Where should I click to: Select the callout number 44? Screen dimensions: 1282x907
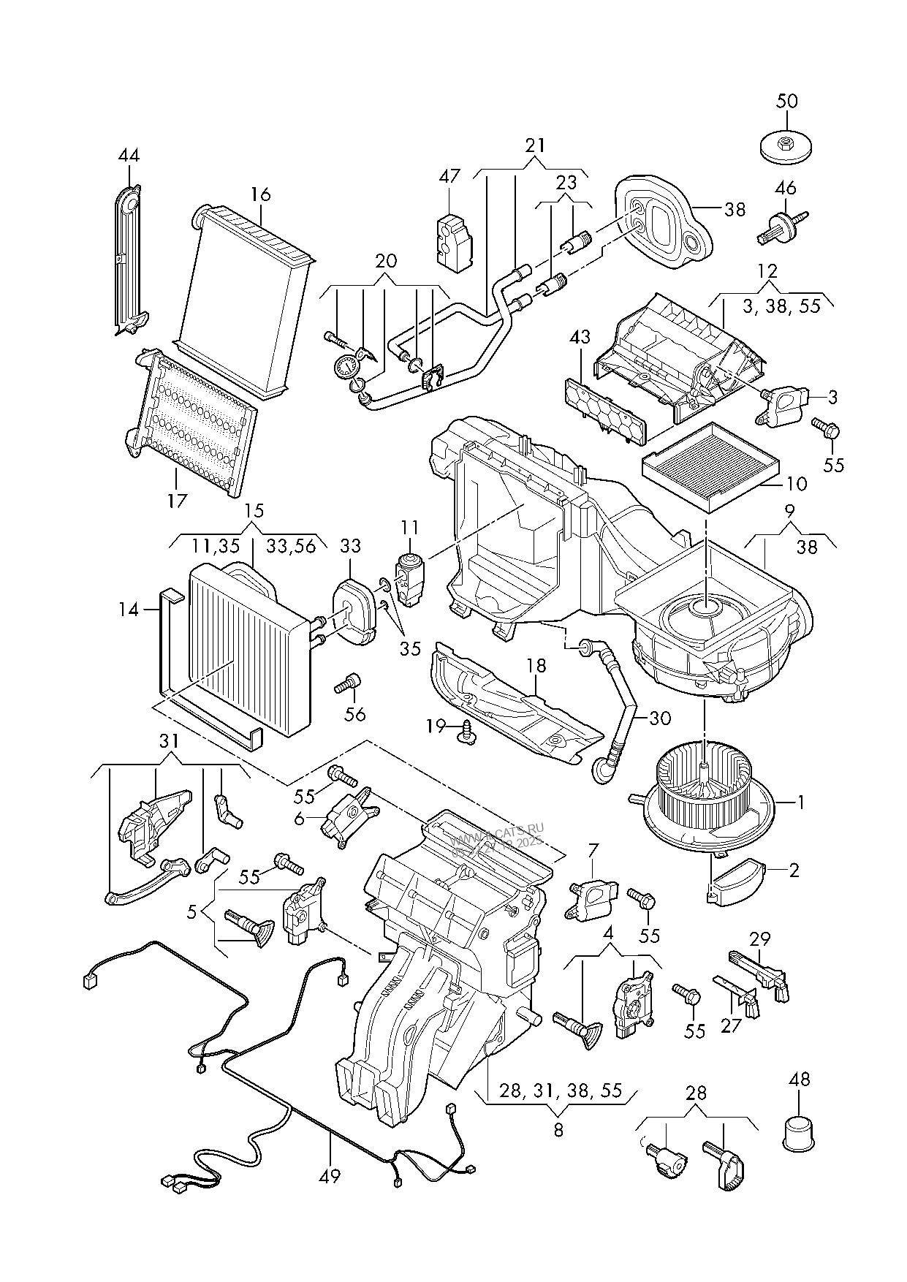(x=129, y=156)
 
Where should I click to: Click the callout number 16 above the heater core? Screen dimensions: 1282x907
(x=261, y=194)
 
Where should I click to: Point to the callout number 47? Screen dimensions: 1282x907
(x=449, y=176)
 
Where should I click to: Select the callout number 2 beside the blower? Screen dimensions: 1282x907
(x=794, y=870)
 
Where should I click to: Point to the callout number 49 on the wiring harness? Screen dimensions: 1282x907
(x=330, y=1176)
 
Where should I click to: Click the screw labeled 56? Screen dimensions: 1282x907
(x=346, y=684)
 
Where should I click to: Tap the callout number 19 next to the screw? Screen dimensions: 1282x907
(x=436, y=726)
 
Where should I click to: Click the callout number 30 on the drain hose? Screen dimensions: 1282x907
(x=659, y=718)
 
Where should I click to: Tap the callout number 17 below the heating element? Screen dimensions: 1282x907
(x=177, y=501)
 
